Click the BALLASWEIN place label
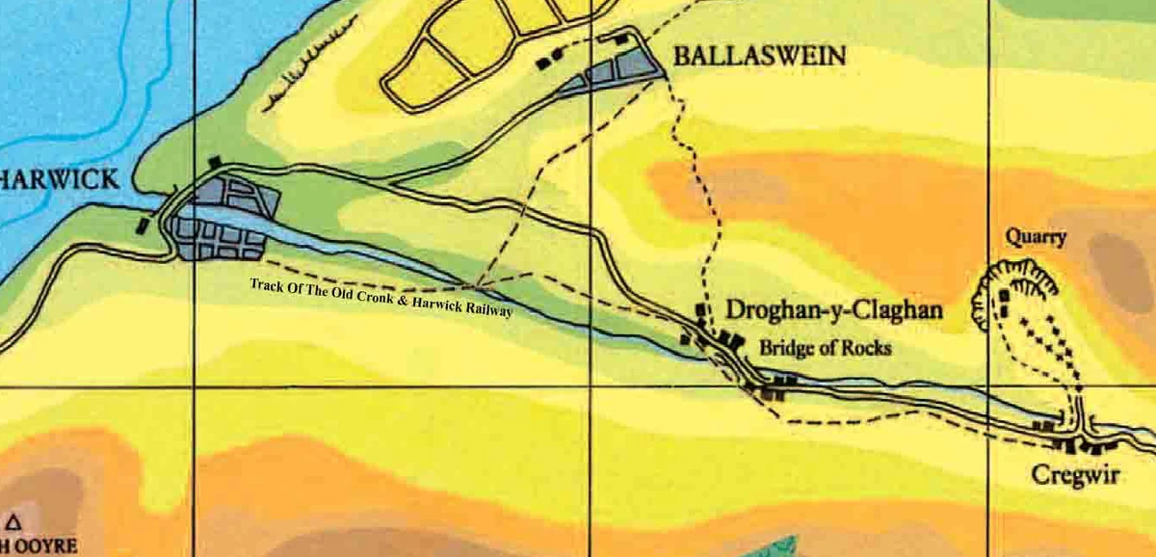click(x=759, y=56)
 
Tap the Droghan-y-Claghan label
click(x=832, y=311)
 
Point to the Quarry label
click(x=1036, y=236)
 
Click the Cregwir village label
click(x=1075, y=475)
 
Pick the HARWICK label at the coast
click(x=60, y=179)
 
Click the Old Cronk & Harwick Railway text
click(x=381, y=297)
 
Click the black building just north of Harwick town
click(x=215, y=164)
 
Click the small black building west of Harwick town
click(x=144, y=225)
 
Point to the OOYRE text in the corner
click(x=42, y=546)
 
